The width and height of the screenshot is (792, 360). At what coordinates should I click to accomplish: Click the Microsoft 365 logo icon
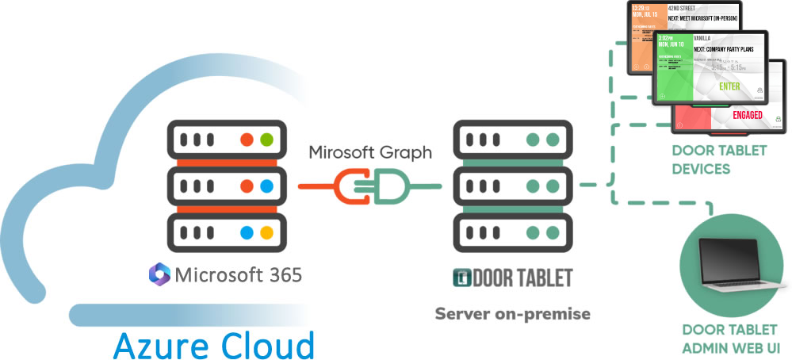160,275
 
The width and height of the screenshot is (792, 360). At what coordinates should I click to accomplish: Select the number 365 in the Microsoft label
281,275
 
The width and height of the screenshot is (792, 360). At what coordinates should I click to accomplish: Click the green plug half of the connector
390,187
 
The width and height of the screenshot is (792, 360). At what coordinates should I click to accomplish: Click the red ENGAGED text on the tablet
748,115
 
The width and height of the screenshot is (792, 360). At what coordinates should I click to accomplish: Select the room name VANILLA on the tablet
703,37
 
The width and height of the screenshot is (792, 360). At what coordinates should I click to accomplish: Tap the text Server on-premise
512,314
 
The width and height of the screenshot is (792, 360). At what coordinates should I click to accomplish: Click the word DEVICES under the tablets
700,168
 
